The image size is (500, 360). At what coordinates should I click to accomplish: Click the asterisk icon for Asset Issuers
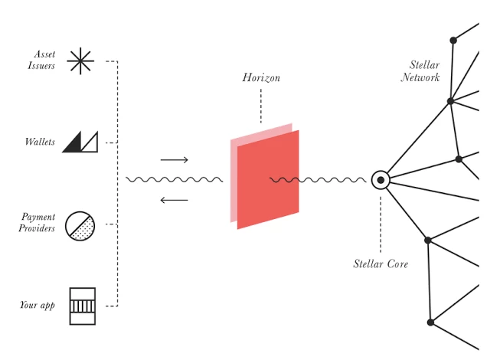[80, 61]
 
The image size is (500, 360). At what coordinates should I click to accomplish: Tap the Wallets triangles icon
[80, 142]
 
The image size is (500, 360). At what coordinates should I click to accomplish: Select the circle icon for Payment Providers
[80, 226]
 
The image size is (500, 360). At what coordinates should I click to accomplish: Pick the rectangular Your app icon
[83, 306]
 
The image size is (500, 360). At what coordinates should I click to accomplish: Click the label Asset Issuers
[41, 60]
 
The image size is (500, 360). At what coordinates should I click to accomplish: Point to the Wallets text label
[40, 142]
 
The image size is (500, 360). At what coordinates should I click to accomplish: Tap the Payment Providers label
[37, 223]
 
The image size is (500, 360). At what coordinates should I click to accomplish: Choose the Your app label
[38, 305]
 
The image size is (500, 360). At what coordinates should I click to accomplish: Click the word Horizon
[261, 77]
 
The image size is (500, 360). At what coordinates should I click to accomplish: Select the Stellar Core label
[381, 264]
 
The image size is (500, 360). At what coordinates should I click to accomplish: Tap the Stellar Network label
[420, 71]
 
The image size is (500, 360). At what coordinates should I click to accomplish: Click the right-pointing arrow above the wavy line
[175, 160]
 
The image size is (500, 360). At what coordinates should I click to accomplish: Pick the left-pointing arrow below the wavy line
[175, 200]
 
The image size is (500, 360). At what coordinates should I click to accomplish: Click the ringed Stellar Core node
[381, 180]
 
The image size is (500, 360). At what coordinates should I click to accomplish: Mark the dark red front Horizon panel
[268, 179]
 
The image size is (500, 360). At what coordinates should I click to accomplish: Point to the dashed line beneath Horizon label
[261, 106]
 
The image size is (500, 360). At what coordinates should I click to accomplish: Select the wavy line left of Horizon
[175, 180]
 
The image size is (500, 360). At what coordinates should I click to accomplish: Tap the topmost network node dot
[453, 41]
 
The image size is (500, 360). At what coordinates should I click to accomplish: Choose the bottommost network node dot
[430, 322]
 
